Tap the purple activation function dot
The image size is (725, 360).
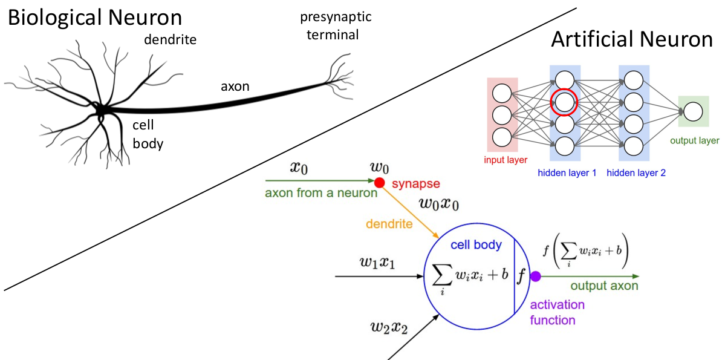tap(535, 277)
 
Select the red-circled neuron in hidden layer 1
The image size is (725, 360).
tap(564, 102)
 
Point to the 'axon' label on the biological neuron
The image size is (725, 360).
tap(235, 87)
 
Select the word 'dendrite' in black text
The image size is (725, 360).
tap(171, 41)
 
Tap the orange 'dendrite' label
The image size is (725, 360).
tap(389, 224)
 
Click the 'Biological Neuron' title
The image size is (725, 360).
tap(94, 18)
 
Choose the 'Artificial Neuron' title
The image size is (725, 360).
tap(632, 40)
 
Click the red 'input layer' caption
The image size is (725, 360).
tap(506, 160)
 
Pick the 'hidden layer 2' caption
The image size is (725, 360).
tap(636, 173)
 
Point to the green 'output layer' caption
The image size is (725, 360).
tap(694, 141)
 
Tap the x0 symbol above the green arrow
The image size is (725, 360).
tap(299, 168)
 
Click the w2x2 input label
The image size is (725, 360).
tap(389, 329)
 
